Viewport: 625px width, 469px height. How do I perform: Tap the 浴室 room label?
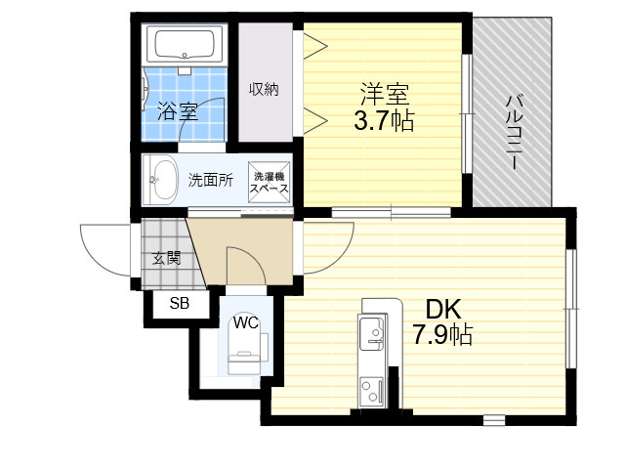(178, 111)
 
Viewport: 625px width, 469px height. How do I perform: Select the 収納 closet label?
(264, 89)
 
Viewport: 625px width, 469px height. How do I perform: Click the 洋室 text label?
(384, 94)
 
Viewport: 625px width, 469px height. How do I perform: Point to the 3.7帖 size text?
(384, 120)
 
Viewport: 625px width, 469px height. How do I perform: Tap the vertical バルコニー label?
(514, 132)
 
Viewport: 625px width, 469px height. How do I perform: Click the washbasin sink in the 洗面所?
(160, 180)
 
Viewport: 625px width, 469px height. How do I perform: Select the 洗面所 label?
(211, 180)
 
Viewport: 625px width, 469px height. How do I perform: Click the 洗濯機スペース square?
(270, 183)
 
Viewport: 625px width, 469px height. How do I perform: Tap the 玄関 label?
(167, 258)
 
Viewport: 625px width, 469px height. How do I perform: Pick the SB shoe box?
(181, 304)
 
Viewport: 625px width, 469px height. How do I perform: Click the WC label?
(246, 322)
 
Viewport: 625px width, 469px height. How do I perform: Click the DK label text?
(443, 309)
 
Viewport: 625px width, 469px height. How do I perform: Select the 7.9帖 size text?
(442, 334)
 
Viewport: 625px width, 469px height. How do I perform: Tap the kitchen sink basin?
(372, 332)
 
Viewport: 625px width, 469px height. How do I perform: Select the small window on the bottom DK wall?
(494, 420)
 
